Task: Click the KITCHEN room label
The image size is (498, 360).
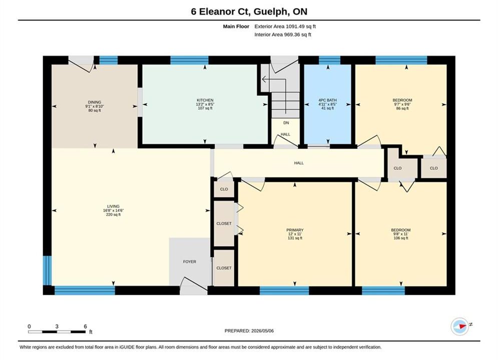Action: pos(205,100)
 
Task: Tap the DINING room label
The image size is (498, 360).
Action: pos(95,102)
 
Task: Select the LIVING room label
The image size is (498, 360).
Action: pos(113,206)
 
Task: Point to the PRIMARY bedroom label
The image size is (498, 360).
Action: pos(295,230)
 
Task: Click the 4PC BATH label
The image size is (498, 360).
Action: pos(327,100)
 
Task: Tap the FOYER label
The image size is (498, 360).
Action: pos(190,261)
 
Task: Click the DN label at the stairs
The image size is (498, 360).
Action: pos(286,122)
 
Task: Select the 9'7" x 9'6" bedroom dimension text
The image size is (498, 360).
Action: pos(402,104)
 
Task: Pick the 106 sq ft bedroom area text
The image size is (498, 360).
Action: pos(401,238)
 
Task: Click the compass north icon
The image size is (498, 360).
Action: pos(460,326)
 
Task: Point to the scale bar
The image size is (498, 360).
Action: pos(57,332)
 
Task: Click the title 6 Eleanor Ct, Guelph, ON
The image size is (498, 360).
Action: pos(249,11)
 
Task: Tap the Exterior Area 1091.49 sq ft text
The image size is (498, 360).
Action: pos(285,26)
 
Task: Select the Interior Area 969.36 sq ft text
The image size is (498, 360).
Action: pos(283,34)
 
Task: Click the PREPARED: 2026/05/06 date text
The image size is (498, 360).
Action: pos(249,331)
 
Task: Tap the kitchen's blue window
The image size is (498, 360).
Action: pos(189,60)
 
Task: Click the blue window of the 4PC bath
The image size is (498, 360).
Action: pos(329,60)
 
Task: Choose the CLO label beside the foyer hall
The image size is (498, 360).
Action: pos(224,189)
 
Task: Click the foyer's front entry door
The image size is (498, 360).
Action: pos(193,286)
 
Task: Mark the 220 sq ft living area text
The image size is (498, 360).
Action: pos(113,214)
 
